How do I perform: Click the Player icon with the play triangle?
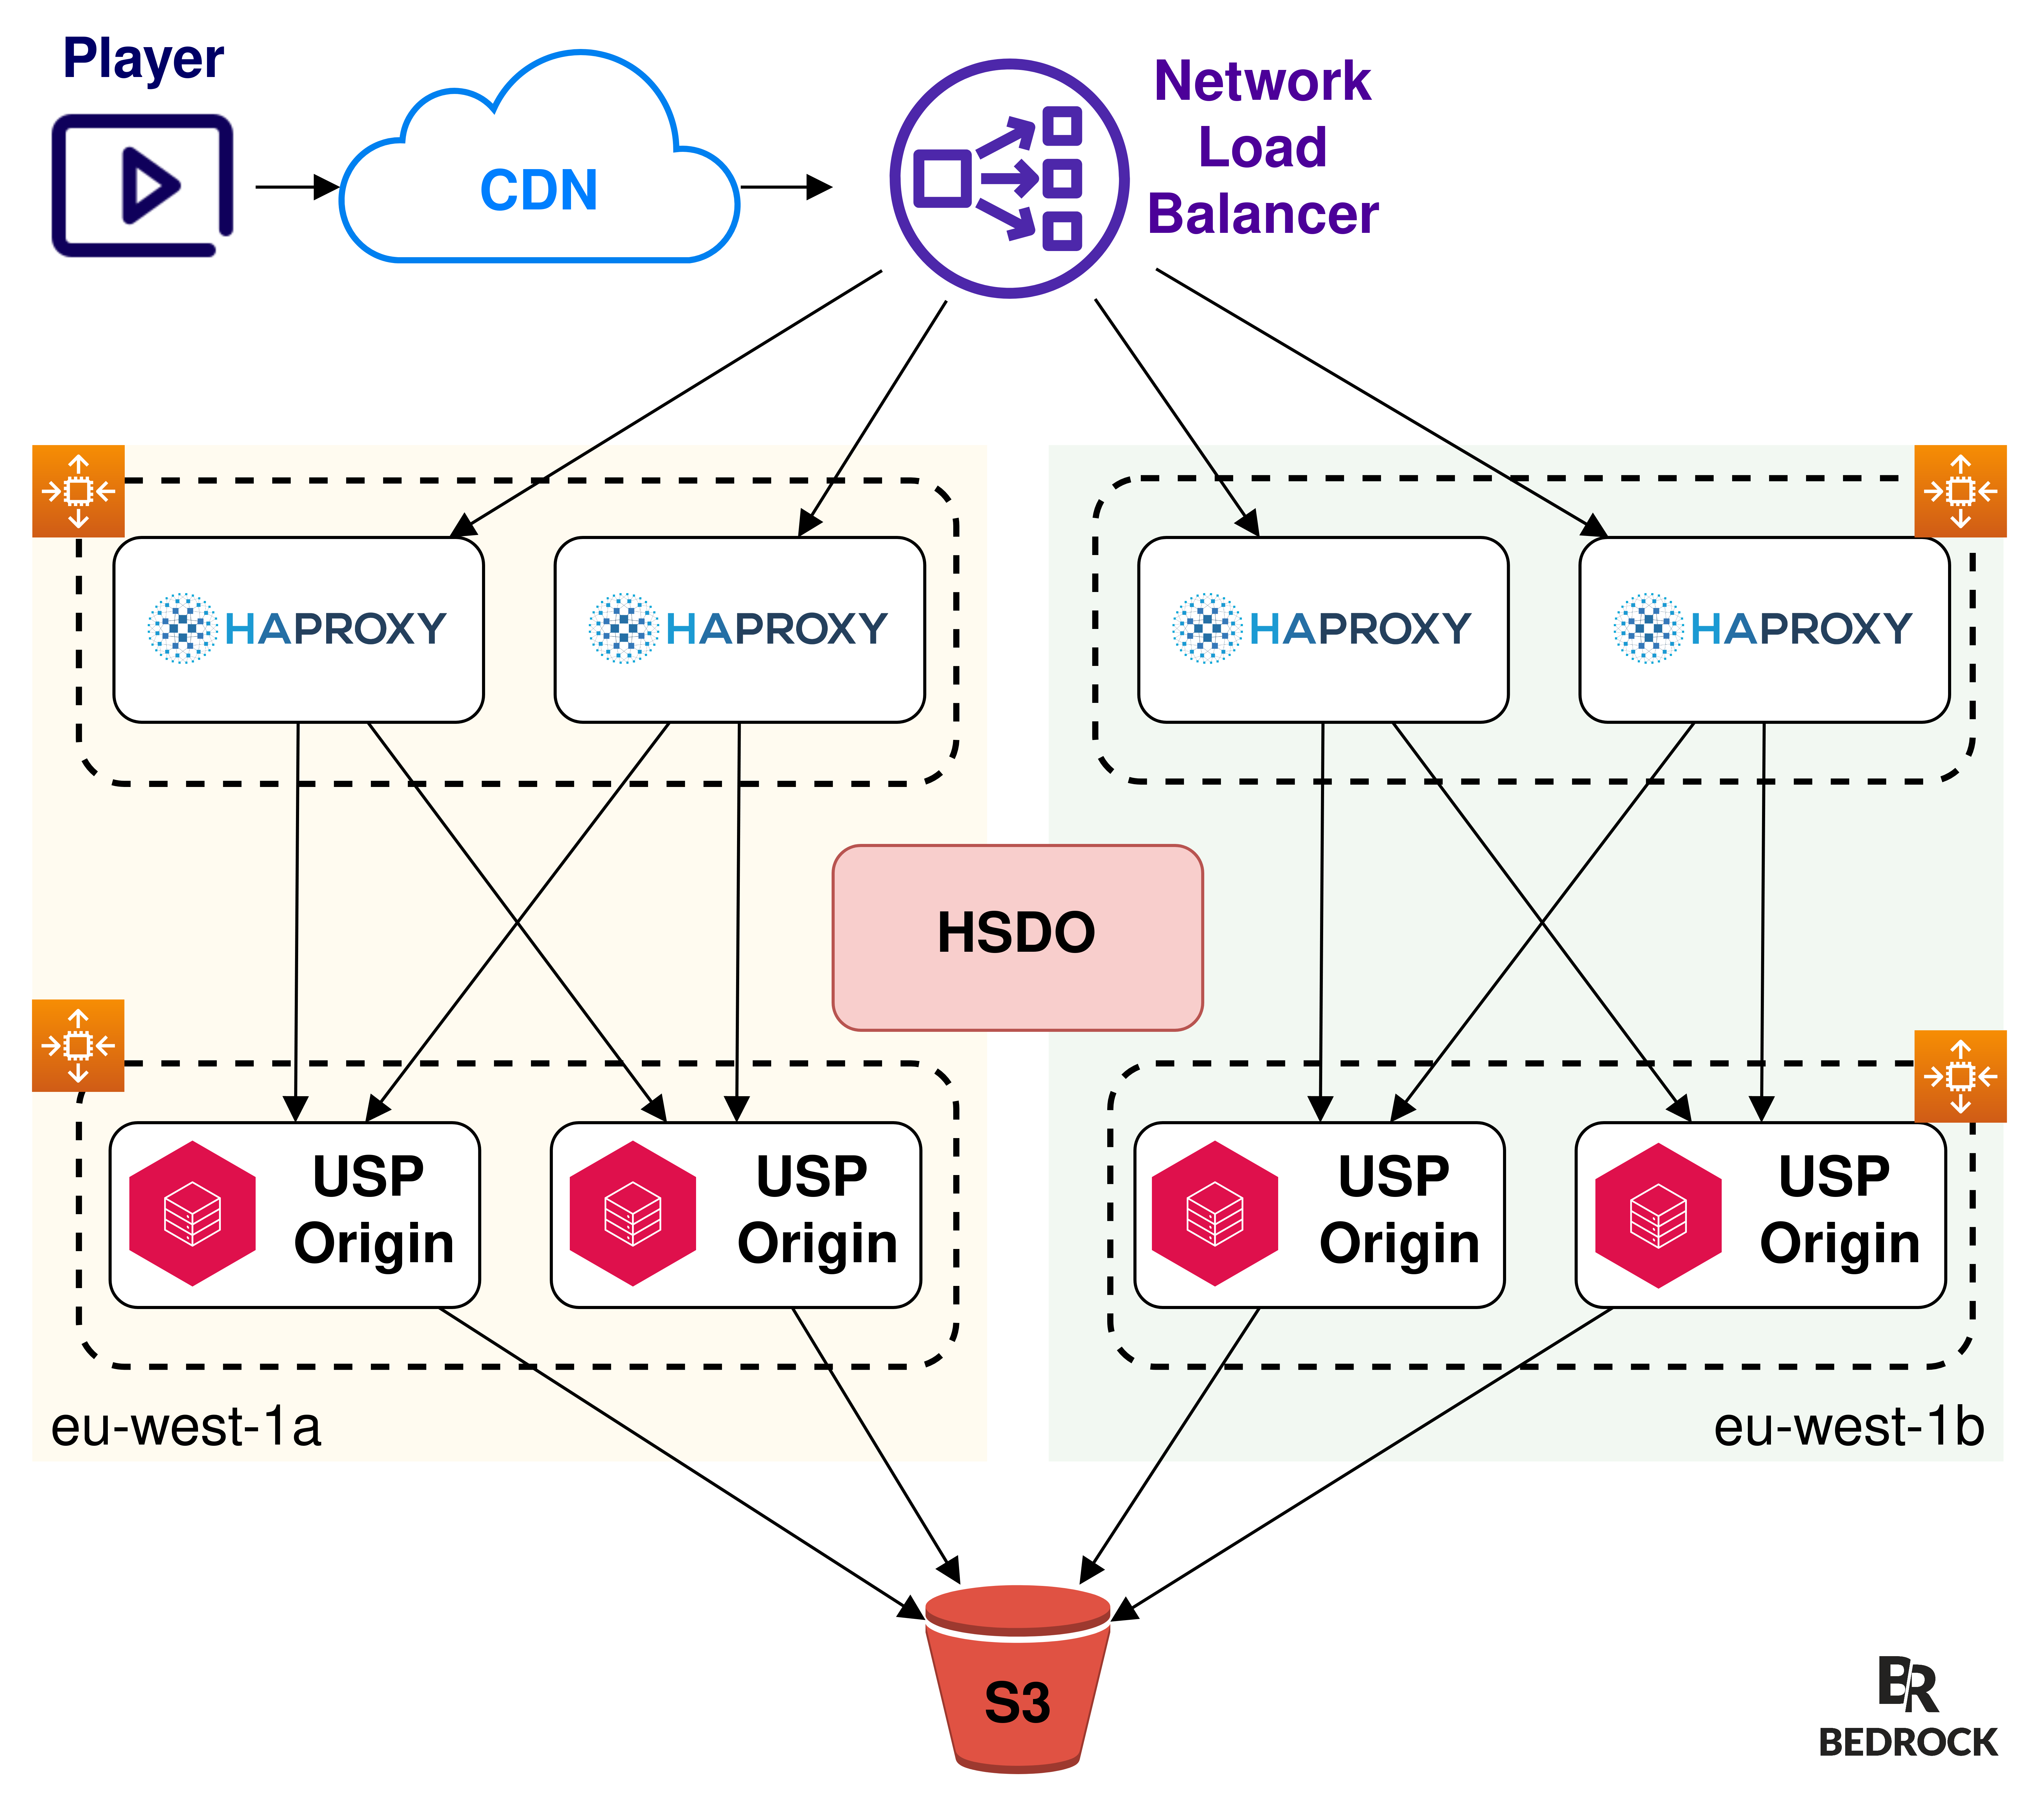[x=143, y=186]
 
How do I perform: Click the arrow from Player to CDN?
[x=297, y=187]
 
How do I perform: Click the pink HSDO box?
[x=1017, y=937]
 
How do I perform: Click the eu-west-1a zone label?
[x=186, y=1426]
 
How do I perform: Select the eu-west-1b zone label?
[x=1848, y=1426]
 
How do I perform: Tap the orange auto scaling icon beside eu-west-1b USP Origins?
[x=1960, y=1076]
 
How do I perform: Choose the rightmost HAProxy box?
[x=1763, y=629]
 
